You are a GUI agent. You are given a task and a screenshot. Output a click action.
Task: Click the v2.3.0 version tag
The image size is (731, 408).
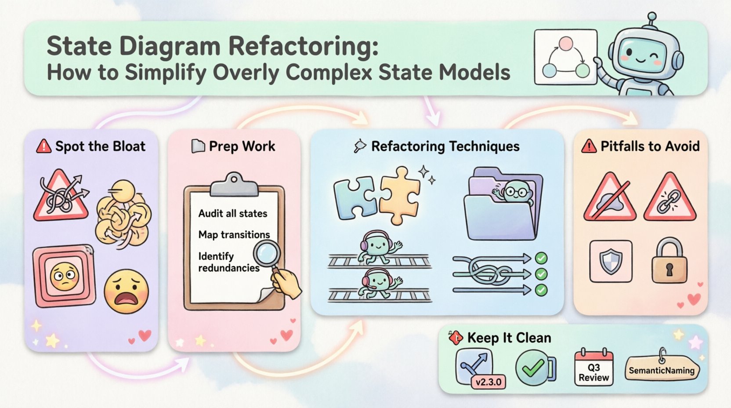[488, 382]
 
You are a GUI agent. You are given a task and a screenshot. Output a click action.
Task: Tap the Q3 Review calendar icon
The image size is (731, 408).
[593, 368]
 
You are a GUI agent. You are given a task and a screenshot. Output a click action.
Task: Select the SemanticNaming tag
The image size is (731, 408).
[661, 370]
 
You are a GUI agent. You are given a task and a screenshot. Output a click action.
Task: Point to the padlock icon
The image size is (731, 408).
[669, 260]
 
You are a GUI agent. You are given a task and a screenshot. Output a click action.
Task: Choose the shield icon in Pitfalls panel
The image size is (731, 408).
[611, 261]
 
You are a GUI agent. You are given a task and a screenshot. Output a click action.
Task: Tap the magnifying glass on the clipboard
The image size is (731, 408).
[268, 254]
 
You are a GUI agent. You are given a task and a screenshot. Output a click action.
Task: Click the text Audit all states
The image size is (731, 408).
[232, 214]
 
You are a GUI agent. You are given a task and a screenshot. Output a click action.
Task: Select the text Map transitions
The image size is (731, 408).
[234, 234]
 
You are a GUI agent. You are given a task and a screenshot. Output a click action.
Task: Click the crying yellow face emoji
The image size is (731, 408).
[126, 291]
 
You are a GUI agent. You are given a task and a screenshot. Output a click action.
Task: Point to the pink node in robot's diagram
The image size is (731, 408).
[565, 44]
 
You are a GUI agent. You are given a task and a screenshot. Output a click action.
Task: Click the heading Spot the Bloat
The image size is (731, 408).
[100, 146]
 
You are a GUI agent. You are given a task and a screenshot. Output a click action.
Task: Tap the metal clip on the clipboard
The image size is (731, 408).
[234, 185]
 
